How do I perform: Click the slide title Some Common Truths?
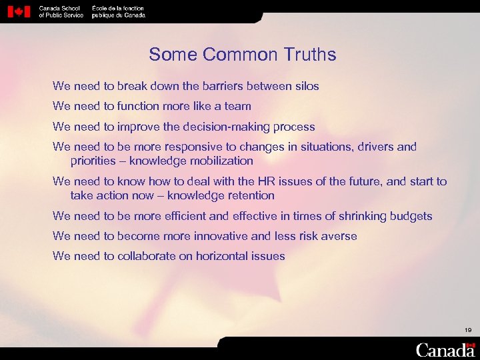pos(243,55)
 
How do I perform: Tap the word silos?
pos(305,86)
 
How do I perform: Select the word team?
pos(237,106)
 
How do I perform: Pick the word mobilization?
pos(221,161)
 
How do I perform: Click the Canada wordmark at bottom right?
pos(445,349)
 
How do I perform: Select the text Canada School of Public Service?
pos(61,11)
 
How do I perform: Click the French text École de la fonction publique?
pos(118,11)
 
